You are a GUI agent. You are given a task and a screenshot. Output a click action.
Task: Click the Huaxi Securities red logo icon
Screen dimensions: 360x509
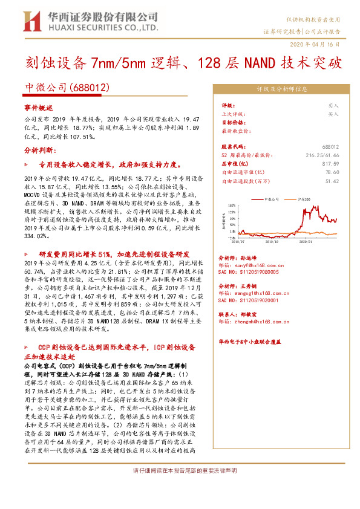[29, 21]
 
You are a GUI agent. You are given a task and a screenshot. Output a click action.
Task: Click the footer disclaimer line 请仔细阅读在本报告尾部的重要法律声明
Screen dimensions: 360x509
[180, 470]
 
